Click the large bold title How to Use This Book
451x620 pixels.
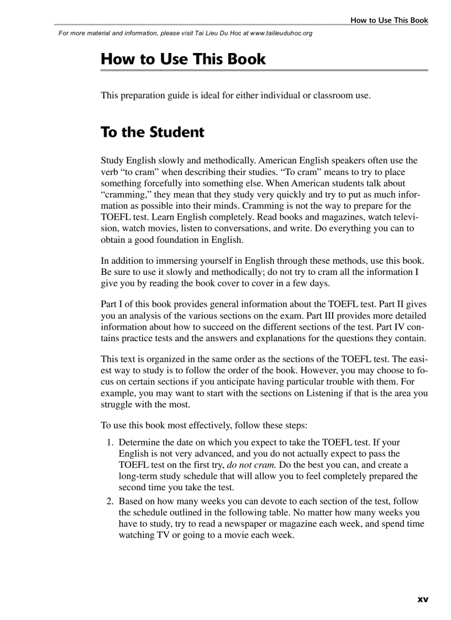click(x=183, y=59)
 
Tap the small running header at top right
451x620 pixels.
click(x=389, y=20)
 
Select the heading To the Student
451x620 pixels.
click(x=153, y=133)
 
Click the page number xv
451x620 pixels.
click(x=423, y=598)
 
